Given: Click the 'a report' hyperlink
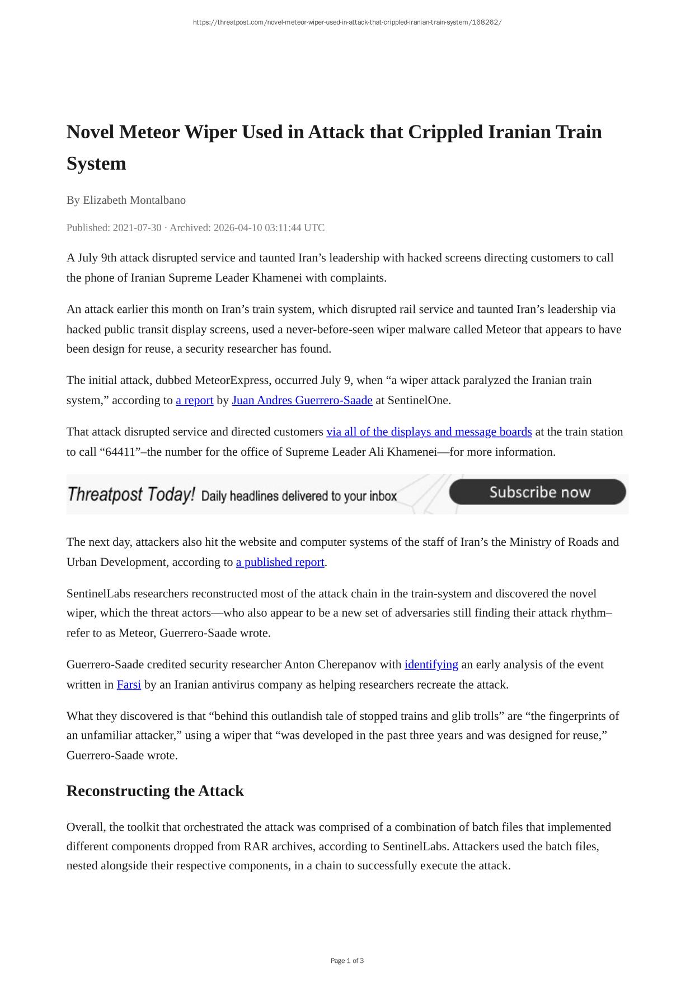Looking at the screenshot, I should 194,400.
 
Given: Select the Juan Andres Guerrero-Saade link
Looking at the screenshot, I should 302,400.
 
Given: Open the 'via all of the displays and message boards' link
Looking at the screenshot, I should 429,432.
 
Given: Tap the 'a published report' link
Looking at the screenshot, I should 280,562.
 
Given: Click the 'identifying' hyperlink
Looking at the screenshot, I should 431,664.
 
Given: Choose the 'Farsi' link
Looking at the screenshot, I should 129,685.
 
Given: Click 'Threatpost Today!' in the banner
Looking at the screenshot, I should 131,495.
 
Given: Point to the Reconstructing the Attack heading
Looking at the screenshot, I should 155,791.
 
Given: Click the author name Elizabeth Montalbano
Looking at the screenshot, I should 134,200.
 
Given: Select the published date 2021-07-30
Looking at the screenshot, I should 137,228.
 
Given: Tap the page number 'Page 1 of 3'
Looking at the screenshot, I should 347,961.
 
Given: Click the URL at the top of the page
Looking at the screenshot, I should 347,22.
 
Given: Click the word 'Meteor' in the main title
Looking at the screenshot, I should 149,132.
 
